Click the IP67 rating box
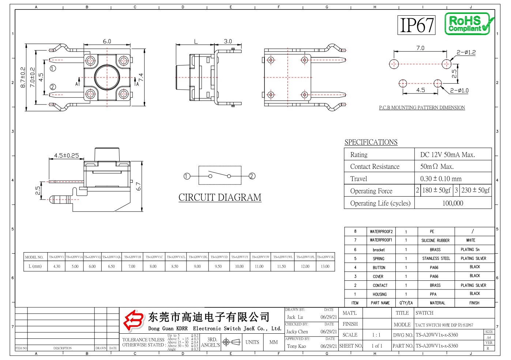(x=416, y=25)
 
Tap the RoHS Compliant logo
(x=469, y=24)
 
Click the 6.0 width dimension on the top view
(x=107, y=41)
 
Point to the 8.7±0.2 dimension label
(x=23, y=77)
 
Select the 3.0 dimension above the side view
(x=228, y=41)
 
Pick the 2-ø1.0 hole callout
(x=459, y=90)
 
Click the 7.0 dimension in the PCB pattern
(x=420, y=48)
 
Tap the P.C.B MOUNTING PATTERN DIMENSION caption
(x=422, y=107)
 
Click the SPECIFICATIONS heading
(x=371, y=142)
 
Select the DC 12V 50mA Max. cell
(x=447, y=155)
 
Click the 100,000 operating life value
(x=452, y=203)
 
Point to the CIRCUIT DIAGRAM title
(x=219, y=197)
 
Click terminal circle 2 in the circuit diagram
(x=252, y=176)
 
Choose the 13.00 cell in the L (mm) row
(x=325, y=266)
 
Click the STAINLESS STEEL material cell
(x=436, y=258)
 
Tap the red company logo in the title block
(x=134, y=321)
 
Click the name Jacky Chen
(x=297, y=332)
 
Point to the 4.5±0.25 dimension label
(x=66, y=155)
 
